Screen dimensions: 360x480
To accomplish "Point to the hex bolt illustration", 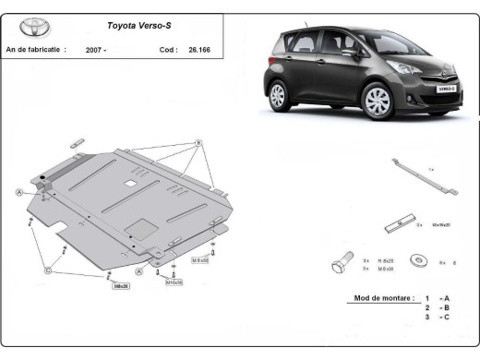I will (340, 264).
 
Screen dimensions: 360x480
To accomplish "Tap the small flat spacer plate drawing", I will (395, 223).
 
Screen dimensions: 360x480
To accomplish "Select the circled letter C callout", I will (47, 270).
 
